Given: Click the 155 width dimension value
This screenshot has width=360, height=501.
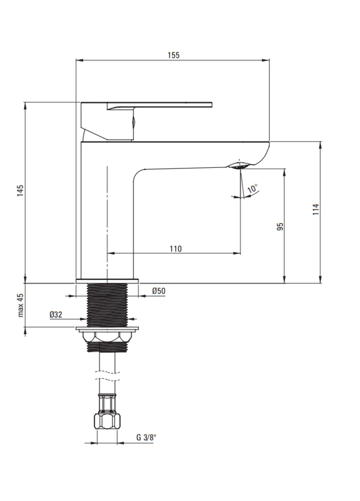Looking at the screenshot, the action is [x=174, y=55].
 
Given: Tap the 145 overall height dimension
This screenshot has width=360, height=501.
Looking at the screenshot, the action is [x=21, y=190].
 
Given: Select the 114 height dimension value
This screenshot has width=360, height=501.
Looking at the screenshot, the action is [x=316, y=209].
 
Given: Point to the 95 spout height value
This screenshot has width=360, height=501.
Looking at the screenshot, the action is [x=280, y=227].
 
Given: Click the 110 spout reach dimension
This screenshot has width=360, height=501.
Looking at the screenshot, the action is [x=176, y=248].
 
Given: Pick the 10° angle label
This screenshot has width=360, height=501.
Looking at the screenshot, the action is [x=252, y=188].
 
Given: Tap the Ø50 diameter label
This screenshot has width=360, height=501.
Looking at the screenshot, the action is [x=159, y=291].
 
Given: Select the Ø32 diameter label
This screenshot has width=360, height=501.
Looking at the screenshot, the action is [x=56, y=315].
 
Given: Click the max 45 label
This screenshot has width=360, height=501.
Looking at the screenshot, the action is [x=21, y=305].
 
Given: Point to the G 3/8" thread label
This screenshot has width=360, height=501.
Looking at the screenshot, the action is [x=146, y=437].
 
